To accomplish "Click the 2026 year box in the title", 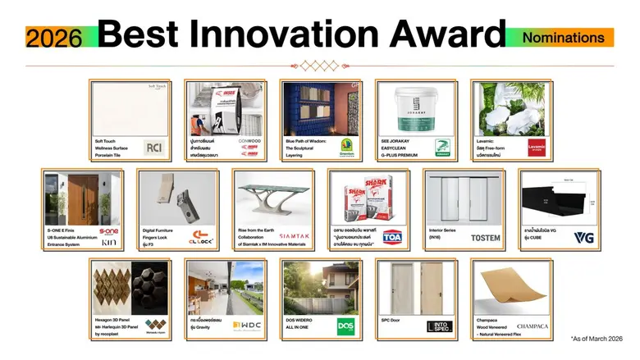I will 53,37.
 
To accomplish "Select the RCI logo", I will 154,148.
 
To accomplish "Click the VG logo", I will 583,238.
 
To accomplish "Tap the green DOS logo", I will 346,326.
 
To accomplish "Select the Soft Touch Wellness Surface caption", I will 113,147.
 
